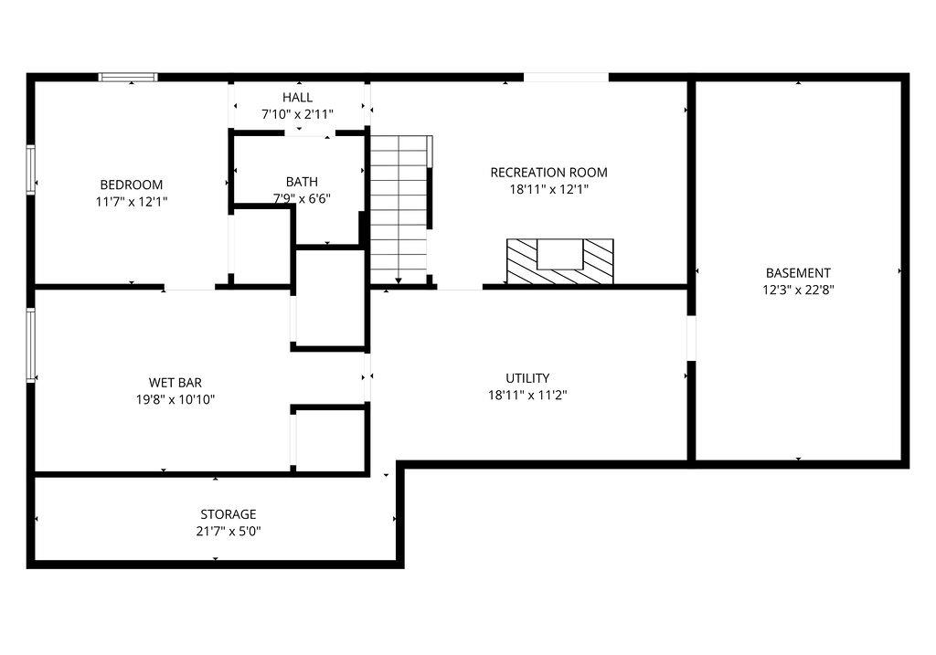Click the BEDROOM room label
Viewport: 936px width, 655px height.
click(x=132, y=184)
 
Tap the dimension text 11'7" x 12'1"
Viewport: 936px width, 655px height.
click(x=132, y=201)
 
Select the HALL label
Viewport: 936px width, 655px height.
click(x=297, y=97)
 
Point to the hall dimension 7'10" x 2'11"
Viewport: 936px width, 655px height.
click(x=297, y=114)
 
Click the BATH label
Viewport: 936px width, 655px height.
click(x=302, y=181)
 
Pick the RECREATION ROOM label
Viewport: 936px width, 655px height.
click(x=548, y=172)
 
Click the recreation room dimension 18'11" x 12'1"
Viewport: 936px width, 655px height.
click(x=548, y=190)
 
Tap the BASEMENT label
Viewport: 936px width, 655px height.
click(x=798, y=272)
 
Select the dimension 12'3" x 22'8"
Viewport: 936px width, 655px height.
click(x=798, y=290)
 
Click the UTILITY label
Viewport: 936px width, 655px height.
click(x=527, y=377)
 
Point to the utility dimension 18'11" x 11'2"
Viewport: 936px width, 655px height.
click(x=527, y=396)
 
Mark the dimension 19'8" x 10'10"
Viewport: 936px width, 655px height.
click(x=175, y=399)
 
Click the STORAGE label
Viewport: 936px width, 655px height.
click(x=229, y=514)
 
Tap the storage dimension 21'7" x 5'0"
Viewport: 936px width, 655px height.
click(x=229, y=532)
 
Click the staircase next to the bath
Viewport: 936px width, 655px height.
click(x=399, y=208)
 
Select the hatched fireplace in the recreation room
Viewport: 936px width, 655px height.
click(x=559, y=261)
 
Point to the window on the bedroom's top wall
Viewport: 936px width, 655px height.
click(x=128, y=78)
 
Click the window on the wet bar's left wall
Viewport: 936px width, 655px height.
click(x=31, y=344)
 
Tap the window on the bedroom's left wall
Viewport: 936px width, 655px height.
click(x=31, y=170)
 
